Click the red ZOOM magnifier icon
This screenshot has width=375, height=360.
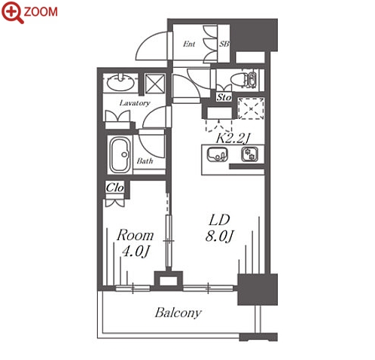(x=13, y=12)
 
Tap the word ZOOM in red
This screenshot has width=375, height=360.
(x=41, y=12)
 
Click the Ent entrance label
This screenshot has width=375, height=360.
(x=189, y=44)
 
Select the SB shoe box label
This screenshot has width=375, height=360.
(x=224, y=44)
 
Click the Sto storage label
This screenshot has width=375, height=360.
(x=224, y=97)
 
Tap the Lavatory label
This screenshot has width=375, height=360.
(x=135, y=103)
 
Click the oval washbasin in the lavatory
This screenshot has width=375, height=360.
(x=120, y=82)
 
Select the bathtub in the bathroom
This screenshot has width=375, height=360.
(x=120, y=154)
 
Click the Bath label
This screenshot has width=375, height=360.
(x=145, y=160)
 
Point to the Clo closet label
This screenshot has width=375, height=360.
(x=114, y=188)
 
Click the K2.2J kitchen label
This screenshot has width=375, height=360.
(x=233, y=138)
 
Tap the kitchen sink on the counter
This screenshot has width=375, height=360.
(x=218, y=154)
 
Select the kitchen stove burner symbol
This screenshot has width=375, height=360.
(x=250, y=154)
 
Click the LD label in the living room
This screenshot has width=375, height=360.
(x=219, y=220)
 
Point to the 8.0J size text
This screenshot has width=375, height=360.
(x=220, y=236)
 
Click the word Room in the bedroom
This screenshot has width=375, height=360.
(x=135, y=235)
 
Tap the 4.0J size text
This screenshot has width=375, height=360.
(x=136, y=252)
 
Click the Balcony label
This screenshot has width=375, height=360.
(x=178, y=313)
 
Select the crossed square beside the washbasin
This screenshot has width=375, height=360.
(x=155, y=84)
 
